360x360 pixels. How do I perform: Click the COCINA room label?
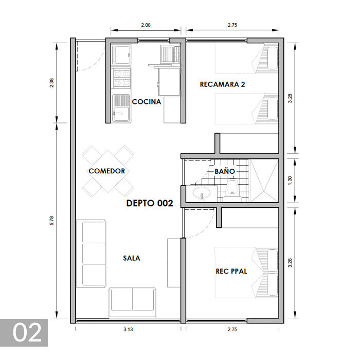coord(147,102)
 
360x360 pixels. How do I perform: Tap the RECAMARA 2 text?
coord(222,84)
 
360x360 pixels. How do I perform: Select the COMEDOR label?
coord(106,171)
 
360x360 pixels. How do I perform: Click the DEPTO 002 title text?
coord(150,203)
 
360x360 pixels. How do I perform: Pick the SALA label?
coord(131,258)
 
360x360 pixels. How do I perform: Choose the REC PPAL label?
coord(231,271)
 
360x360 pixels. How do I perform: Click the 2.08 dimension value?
coord(146,24)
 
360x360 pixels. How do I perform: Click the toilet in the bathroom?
coord(232,189)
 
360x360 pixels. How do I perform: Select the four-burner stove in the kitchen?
coord(121,78)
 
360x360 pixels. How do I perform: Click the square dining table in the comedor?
coord(107,170)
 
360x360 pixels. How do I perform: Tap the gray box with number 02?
coord(24,333)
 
